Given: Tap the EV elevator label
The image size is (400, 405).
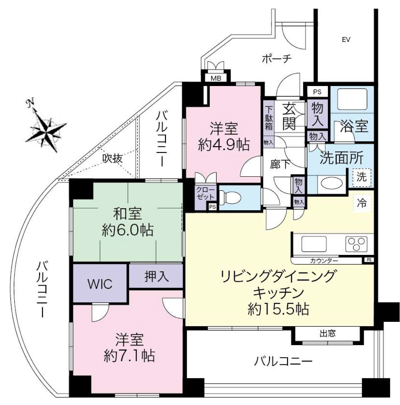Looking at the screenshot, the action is [346, 40].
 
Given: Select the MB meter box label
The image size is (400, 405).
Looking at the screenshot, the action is [216, 78].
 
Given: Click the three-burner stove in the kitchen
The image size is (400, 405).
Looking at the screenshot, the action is [356, 244].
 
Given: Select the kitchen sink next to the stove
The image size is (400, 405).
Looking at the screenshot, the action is [314, 244].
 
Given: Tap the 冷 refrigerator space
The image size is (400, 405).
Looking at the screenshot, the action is [362, 203].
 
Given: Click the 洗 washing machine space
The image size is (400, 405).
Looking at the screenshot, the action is [362, 177].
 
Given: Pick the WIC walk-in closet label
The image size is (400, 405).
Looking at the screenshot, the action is [100, 284].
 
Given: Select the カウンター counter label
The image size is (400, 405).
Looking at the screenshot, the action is [324, 261].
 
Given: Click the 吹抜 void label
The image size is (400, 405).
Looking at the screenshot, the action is [112, 158].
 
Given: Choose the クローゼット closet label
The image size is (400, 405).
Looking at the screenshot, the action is [205, 193].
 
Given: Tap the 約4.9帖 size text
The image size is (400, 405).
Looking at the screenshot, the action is [224, 145].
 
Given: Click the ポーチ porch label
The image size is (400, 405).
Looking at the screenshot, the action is [277, 59].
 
